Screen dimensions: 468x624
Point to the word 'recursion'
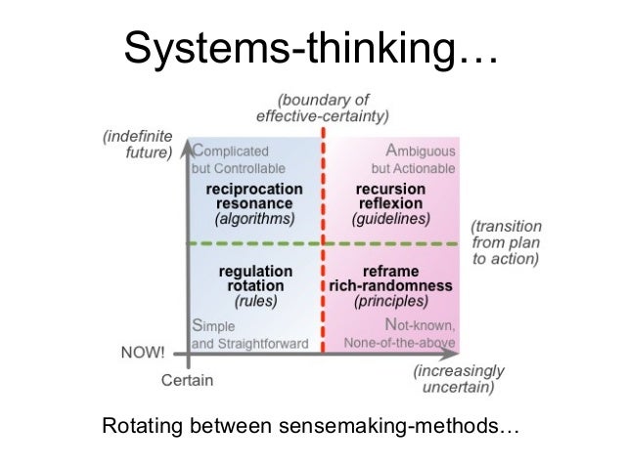[x=391, y=189]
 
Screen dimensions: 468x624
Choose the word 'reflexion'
[x=391, y=203]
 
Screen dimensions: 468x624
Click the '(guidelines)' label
[x=391, y=219]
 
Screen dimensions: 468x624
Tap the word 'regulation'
[x=255, y=271]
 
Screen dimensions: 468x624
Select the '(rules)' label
[x=255, y=302]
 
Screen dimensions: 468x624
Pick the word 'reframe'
[x=391, y=271]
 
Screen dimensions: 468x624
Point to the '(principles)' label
[x=390, y=302]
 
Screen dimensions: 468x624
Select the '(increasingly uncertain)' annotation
[x=458, y=379]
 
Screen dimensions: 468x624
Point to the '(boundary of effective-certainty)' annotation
[x=322, y=106]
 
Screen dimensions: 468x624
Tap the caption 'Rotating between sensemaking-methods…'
[x=311, y=427]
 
